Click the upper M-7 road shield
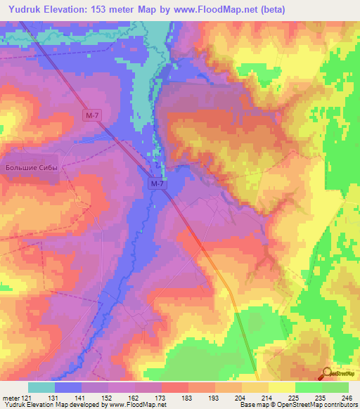point(88,114)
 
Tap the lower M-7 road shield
point(157,183)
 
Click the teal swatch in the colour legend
point(41,387)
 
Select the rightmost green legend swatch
point(335,387)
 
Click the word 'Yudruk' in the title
point(25,9)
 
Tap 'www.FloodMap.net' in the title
point(214,9)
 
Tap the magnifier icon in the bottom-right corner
point(326,372)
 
